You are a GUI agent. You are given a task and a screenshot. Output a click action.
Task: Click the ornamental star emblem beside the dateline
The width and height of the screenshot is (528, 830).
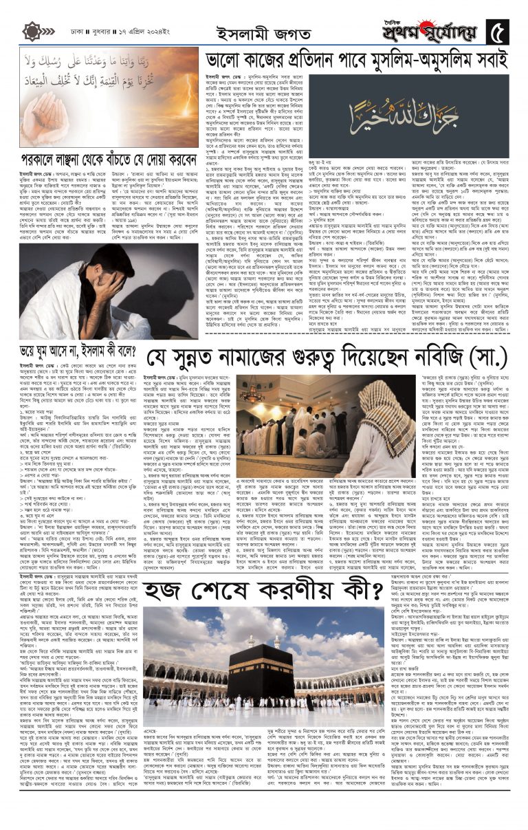[32, 32]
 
